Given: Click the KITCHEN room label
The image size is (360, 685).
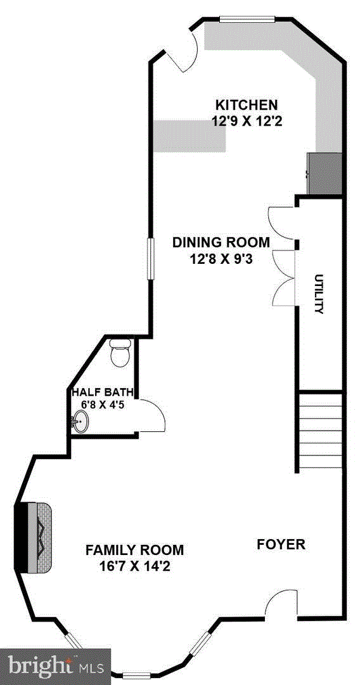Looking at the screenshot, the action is [247, 105].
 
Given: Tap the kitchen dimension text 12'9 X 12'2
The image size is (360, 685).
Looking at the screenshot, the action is [247, 121].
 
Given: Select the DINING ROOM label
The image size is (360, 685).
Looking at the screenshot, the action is [221, 242].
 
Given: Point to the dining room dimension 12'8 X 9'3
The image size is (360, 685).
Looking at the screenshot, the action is [221, 259].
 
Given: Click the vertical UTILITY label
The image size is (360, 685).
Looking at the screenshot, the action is [319, 294].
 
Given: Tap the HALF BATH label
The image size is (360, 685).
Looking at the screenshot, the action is [103, 391].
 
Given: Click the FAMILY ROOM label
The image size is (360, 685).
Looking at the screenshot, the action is [134, 549].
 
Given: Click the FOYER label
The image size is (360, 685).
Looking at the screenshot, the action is [281, 544].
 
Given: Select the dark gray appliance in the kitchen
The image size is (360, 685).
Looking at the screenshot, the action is [325, 174].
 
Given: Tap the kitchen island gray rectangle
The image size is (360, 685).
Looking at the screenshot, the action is [190, 136].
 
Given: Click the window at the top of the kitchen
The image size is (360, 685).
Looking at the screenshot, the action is [247, 18].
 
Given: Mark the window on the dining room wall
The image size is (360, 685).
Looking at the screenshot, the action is [151, 259].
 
